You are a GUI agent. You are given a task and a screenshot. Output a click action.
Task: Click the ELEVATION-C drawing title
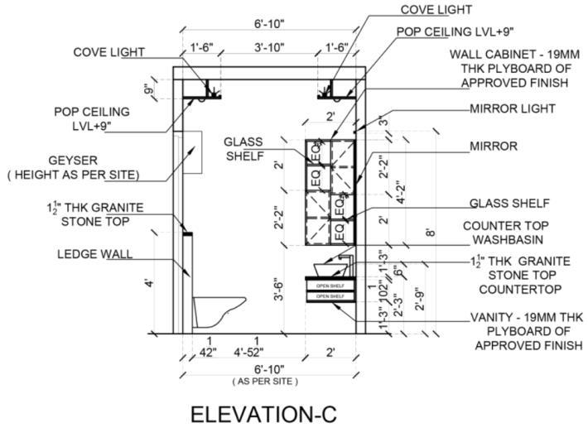coord(263,415)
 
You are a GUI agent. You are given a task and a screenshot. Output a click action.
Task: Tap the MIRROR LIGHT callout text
coord(513,108)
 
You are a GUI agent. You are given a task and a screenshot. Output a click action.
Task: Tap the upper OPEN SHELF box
coord(330,286)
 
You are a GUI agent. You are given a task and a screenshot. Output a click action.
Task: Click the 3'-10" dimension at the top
coord(269,48)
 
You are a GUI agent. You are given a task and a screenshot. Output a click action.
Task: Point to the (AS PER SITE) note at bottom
coord(265,382)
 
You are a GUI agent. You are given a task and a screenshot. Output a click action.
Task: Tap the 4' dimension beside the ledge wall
coord(150,284)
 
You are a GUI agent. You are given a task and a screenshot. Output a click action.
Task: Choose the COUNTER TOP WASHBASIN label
coord(504,232)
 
